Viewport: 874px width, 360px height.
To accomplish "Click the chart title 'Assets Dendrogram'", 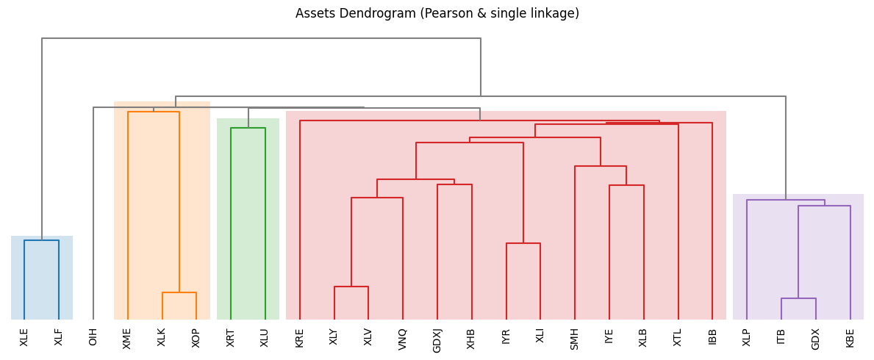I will (x=437, y=14).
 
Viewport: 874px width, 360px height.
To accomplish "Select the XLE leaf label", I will (x=24, y=337).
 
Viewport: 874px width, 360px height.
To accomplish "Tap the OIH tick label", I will (x=93, y=337).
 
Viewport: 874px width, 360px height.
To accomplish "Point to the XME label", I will (x=128, y=338).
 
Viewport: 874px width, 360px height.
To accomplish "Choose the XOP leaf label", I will (x=196, y=337).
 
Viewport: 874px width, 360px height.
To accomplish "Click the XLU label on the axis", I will (x=265, y=337).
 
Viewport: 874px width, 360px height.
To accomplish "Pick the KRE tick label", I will (x=300, y=337).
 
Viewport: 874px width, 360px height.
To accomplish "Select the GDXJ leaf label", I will (x=437, y=340).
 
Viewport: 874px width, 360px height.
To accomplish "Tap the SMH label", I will (x=575, y=338).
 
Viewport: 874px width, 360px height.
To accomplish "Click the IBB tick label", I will (x=712, y=336).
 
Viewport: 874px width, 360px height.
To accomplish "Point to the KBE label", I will (x=850, y=337).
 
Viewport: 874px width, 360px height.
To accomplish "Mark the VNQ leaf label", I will (x=403, y=339).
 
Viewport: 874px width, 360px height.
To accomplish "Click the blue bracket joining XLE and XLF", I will (x=41, y=240).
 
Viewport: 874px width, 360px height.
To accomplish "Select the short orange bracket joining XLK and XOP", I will (x=179, y=292).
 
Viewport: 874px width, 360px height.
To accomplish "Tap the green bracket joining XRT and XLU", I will (x=248, y=128).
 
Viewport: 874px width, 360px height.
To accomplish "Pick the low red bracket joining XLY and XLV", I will (x=351, y=287).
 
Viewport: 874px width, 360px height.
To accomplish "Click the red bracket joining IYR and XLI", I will (x=523, y=243).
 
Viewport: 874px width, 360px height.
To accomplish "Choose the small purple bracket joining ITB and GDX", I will (x=798, y=298).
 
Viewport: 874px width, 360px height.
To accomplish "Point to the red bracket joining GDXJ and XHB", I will (x=454, y=184).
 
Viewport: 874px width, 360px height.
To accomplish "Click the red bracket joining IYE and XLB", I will (x=626, y=185).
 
